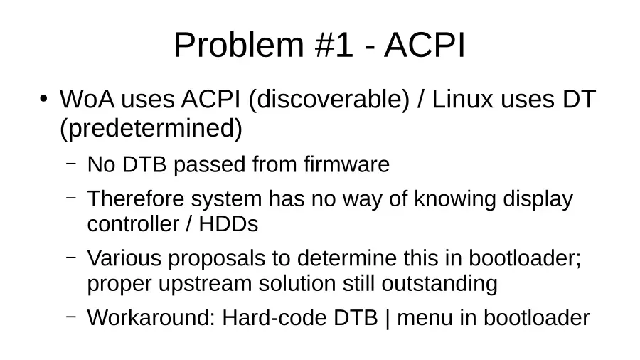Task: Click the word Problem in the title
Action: tap(239, 45)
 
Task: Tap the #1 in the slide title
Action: tap(334, 45)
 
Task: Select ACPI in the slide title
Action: tap(425, 45)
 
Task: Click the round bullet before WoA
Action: tap(43, 99)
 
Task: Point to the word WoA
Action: tap(87, 99)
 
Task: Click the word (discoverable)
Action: tap(329, 100)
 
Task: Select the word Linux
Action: tap(462, 99)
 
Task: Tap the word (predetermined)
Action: tap(151, 129)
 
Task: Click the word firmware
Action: tap(346, 164)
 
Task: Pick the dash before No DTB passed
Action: tap(71, 163)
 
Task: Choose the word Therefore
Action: tap(136, 198)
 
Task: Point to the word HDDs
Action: tap(228, 224)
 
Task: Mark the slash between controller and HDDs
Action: tap(188, 224)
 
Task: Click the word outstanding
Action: tap(439, 284)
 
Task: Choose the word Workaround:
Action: tap(151, 318)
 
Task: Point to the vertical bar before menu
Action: tap(388, 319)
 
